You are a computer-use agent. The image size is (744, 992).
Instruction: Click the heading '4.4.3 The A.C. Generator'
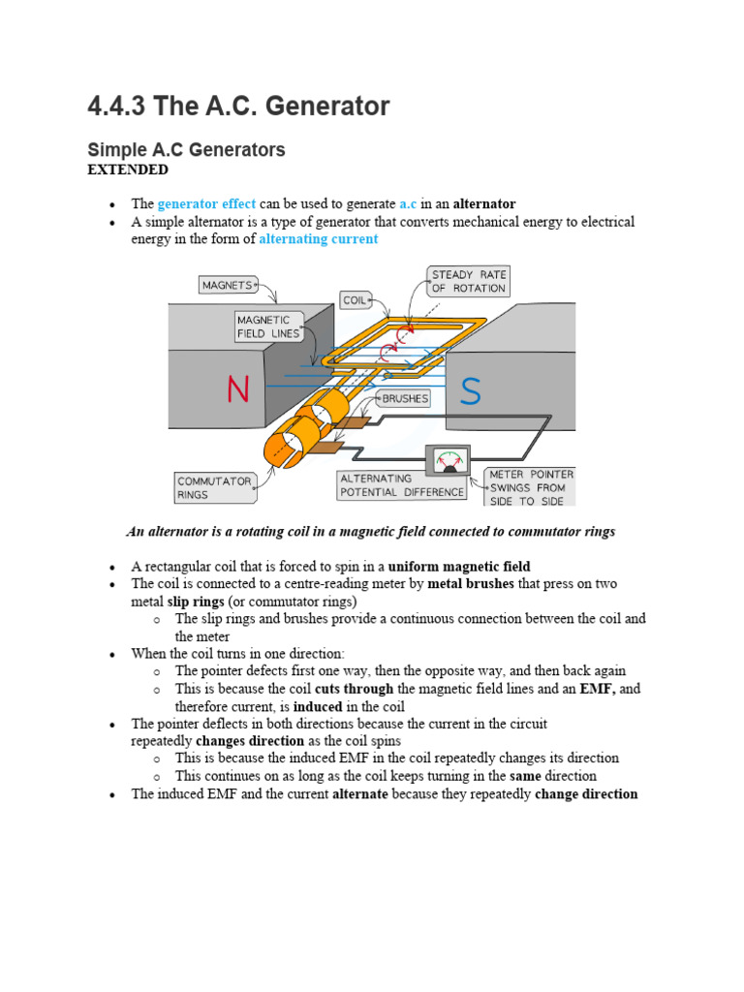point(238,106)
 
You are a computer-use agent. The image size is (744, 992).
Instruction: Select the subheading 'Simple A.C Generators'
point(186,150)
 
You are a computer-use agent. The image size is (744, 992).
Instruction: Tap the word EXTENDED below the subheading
point(128,170)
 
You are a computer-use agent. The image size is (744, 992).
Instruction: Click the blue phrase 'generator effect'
point(206,203)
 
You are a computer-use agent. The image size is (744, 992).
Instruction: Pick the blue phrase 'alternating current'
point(318,239)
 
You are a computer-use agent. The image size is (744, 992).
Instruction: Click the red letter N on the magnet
point(238,389)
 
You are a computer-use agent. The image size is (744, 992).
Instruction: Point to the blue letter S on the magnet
point(470,390)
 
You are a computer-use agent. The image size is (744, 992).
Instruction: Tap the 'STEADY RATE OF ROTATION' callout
point(469,281)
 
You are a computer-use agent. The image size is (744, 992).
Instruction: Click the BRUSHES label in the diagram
point(406,398)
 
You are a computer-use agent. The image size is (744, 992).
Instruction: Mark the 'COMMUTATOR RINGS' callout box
point(214,487)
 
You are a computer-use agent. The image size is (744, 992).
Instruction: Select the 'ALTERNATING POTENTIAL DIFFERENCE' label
point(401,485)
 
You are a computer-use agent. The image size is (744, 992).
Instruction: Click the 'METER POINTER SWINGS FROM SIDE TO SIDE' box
point(530,487)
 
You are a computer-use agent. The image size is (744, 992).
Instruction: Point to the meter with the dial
point(448,460)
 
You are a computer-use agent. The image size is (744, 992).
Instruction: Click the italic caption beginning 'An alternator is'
point(371,532)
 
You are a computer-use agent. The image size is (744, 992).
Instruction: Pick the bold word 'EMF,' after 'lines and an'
point(598,689)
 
